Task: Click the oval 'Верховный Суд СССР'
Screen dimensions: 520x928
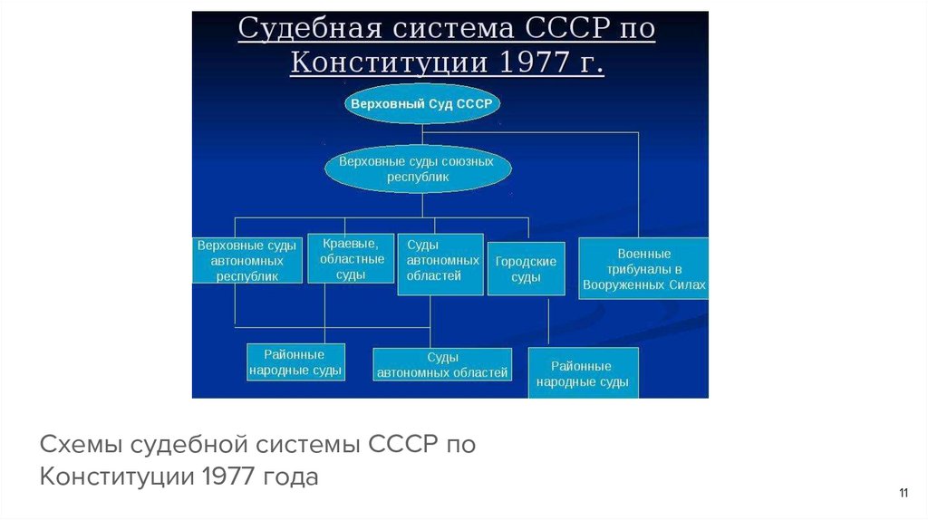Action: (x=421, y=104)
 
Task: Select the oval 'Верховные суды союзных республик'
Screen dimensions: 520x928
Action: (x=417, y=169)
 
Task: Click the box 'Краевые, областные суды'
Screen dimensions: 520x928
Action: (x=351, y=258)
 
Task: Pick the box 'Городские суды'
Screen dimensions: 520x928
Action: (x=526, y=269)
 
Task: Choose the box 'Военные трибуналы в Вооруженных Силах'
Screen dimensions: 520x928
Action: (x=643, y=269)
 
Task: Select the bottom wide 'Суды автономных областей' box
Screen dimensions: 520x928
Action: (x=442, y=365)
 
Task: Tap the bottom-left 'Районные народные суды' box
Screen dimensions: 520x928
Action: (x=295, y=362)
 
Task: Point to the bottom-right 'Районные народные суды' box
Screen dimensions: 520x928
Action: (x=583, y=374)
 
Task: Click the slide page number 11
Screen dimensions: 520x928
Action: (x=903, y=493)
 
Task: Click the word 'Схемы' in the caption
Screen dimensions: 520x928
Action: (x=80, y=445)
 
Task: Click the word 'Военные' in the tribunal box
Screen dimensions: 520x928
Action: (x=643, y=254)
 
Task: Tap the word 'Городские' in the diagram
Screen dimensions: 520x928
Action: (x=526, y=262)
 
